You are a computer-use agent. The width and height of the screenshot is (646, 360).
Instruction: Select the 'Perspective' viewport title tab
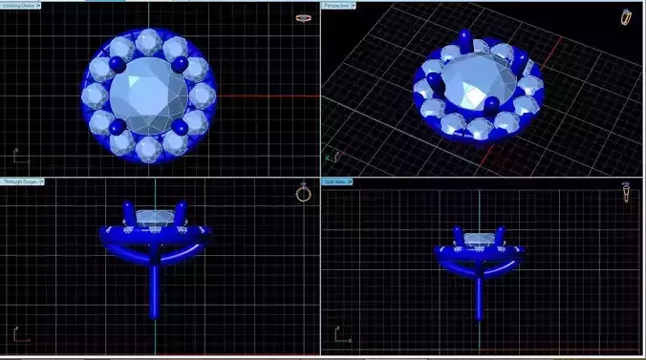click(x=338, y=6)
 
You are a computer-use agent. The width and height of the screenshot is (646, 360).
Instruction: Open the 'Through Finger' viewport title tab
click(x=20, y=181)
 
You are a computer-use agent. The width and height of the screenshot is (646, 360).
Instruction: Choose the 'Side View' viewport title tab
click(x=337, y=181)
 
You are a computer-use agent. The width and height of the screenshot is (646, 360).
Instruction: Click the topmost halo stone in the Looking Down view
click(x=150, y=42)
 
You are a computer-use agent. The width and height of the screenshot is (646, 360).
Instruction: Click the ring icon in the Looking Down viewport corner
click(x=304, y=18)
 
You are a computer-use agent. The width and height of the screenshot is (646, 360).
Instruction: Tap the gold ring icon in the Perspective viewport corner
click(x=626, y=16)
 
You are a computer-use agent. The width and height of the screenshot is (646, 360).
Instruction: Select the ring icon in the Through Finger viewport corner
click(x=303, y=193)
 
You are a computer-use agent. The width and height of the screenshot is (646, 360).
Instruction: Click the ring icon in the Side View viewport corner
click(x=626, y=193)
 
